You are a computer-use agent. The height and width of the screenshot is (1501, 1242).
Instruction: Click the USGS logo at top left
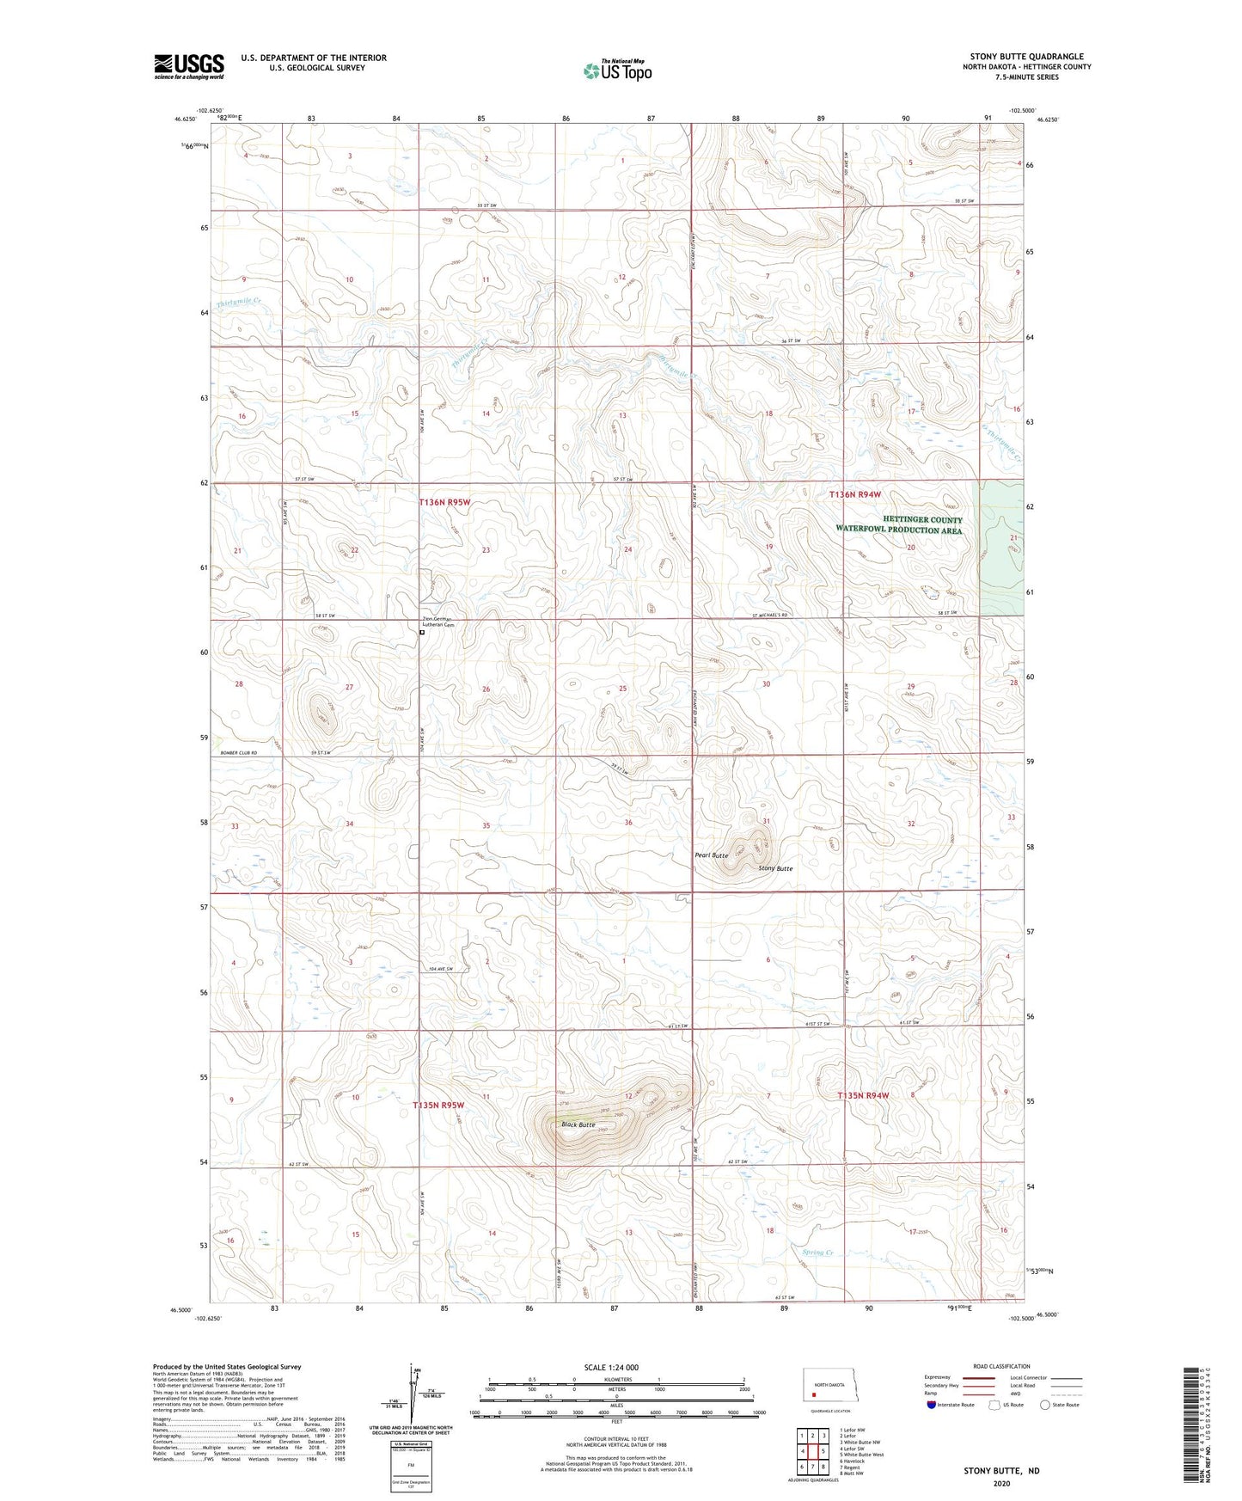point(189,66)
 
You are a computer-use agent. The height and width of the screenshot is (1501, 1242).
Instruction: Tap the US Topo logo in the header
point(617,70)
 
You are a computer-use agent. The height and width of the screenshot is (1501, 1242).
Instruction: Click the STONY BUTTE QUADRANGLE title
point(1026,57)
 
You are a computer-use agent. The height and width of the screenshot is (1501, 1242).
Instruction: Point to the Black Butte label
point(578,1124)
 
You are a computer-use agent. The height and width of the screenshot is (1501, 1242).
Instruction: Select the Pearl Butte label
point(712,855)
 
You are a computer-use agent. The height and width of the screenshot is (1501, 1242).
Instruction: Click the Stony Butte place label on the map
point(775,868)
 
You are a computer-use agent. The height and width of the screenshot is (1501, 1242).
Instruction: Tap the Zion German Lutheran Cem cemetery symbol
point(421,633)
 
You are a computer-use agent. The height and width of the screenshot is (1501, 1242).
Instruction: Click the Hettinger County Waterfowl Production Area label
point(899,525)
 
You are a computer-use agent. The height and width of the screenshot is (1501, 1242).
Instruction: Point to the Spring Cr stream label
point(817,1253)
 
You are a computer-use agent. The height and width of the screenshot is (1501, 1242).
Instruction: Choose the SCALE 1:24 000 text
point(611,1367)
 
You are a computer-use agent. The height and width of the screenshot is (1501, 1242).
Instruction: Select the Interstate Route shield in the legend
point(932,1404)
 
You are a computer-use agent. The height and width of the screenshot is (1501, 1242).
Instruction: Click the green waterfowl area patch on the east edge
point(1001,548)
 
